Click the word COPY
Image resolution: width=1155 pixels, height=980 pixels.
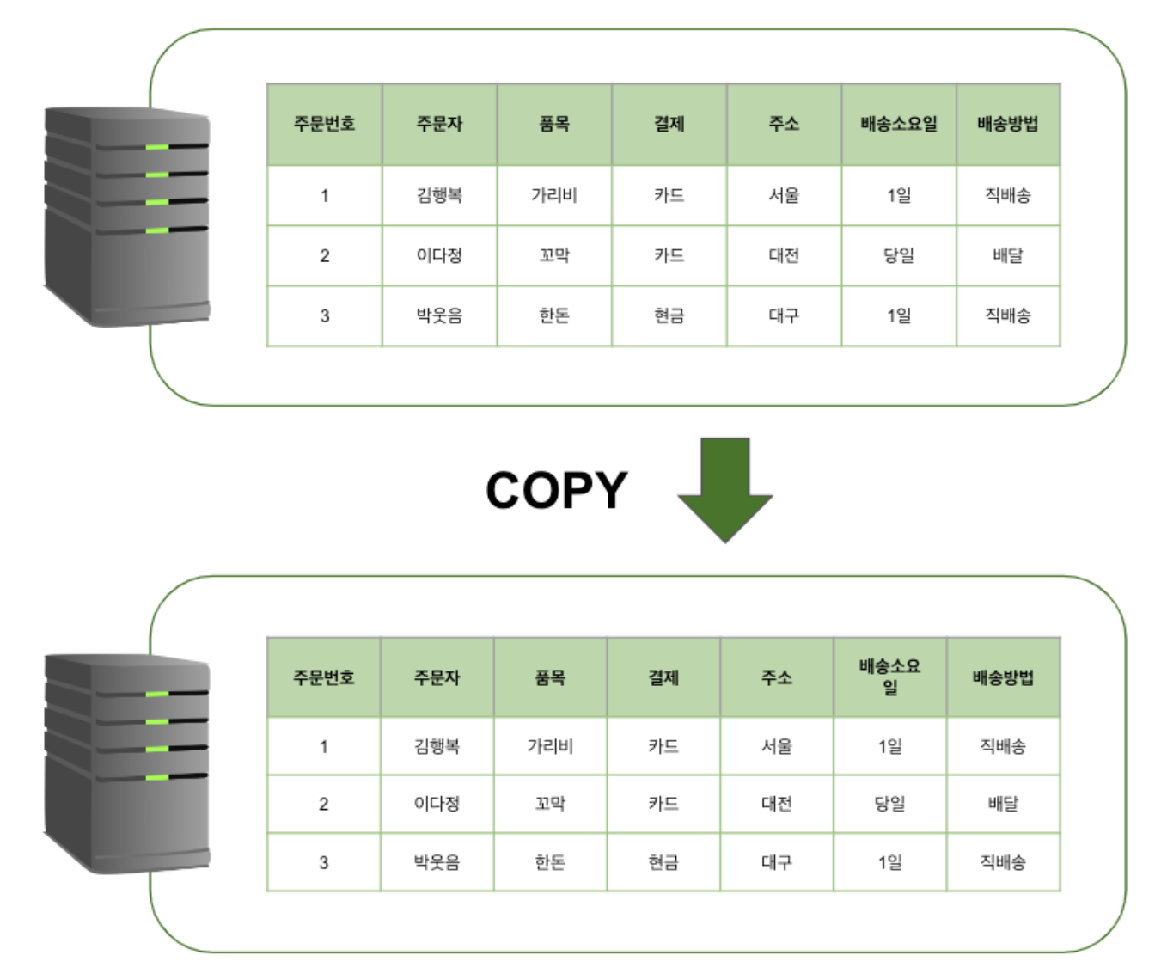pos(556,490)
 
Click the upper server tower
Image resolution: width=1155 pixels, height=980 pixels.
pos(127,216)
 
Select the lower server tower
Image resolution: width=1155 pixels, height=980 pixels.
pos(127,763)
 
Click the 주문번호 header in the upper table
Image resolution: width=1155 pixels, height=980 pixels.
pos(324,124)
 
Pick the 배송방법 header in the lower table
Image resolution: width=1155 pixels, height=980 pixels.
pos(1003,677)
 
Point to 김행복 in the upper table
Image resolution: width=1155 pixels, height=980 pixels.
pos(439,195)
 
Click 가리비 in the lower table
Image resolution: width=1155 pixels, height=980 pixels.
pos(550,746)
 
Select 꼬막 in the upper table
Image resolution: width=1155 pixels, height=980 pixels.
pos(554,255)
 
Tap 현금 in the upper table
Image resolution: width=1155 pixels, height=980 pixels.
pos(669,315)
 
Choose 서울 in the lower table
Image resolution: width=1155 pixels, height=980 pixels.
pos(777,746)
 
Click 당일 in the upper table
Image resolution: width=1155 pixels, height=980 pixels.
pos(899,255)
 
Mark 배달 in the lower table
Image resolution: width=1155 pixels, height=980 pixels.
pos(1003,804)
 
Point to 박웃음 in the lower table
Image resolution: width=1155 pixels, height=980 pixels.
pos(437,861)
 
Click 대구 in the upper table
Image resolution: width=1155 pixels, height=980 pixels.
pos(784,315)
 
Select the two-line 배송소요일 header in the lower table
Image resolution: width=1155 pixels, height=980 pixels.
pos(889,677)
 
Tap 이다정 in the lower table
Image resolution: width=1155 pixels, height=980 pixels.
pos(437,804)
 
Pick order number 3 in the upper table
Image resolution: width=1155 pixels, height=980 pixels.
pos(325,315)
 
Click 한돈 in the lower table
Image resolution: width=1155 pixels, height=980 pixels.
pos(550,861)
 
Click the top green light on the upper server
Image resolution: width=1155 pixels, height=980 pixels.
pos(157,147)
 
